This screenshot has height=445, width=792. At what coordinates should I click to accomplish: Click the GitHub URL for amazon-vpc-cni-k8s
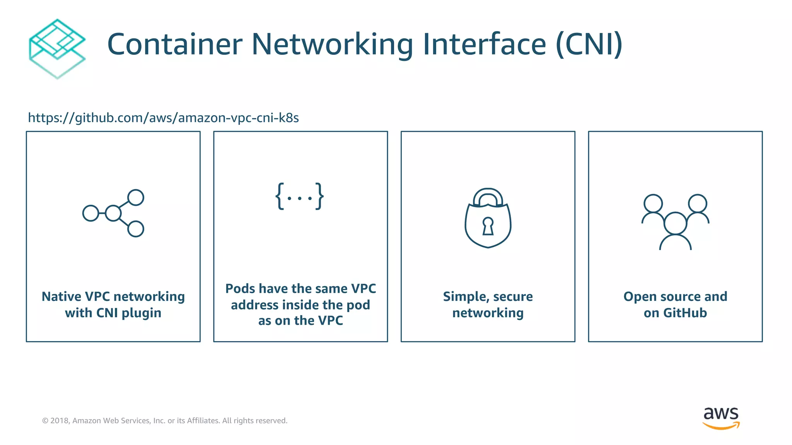(x=163, y=117)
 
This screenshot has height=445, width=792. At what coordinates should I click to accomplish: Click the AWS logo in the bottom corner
(x=721, y=418)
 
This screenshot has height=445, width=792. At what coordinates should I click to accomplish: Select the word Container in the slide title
(x=175, y=44)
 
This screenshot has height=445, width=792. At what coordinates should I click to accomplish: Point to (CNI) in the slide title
(x=589, y=44)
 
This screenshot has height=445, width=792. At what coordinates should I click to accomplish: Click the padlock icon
(x=488, y=218)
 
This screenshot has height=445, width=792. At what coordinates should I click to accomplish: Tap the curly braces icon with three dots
(x=300, y=197)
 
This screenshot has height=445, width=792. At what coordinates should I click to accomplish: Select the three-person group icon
(x=675, y=222)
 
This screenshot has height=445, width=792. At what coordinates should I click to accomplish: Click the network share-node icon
(x=113, y=213)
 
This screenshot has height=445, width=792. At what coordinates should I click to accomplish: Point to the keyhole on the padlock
(x=488, y=226)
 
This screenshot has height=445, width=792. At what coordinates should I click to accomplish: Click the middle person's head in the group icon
(x=675, y=223)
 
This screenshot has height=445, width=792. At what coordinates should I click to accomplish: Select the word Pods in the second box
(x=240, y=289)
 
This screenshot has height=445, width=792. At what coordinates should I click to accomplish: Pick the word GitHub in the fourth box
(x=685, y=313)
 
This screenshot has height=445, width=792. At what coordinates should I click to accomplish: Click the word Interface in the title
(x=484, y=44)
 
